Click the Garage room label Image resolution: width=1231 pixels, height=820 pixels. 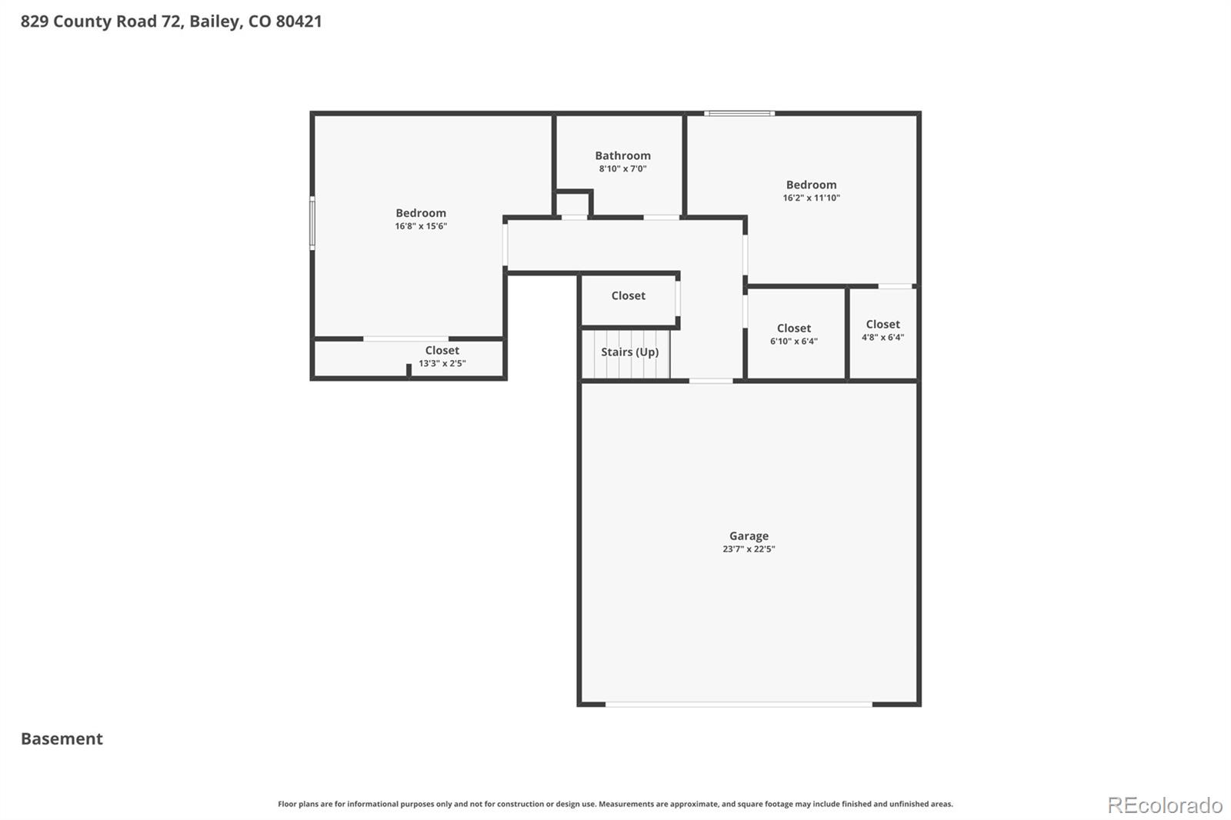click(x=749, y=536)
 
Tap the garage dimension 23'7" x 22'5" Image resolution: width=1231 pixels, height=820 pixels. click(x=749, y=549)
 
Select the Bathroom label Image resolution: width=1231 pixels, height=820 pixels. click(x=622, y=155)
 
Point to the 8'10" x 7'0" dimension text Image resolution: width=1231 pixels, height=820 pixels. click(x=622, y=168)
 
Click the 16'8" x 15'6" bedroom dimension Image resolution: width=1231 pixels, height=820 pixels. click(x=421, y=226)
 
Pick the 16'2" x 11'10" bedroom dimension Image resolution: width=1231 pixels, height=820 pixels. click(x=811, y=198)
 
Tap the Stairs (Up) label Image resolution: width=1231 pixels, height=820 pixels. click(x=629, y=352)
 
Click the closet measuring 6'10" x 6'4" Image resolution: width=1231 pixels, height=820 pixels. click(x=794, y=335)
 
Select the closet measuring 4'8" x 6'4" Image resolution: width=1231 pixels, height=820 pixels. click(x=882, y=331)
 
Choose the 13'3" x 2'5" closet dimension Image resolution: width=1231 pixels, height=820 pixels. click(x=442, y=363)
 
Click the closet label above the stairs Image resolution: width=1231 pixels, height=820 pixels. click(x=628, y=295)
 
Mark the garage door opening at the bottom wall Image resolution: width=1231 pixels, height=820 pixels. click(x=739, y=704)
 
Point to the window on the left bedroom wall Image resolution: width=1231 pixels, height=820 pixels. click(x=312, y=223)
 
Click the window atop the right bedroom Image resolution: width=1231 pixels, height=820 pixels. click(x=739, y=114)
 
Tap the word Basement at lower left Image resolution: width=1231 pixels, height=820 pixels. click(x=62, y=738)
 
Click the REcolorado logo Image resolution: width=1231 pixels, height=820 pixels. click(x=1164, y=805)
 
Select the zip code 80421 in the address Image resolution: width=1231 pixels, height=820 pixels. click(x=299, y=21)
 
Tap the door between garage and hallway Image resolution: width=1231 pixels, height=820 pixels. click(x=711, y=381)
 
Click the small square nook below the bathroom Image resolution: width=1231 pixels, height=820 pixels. click(x=573, y=205)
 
